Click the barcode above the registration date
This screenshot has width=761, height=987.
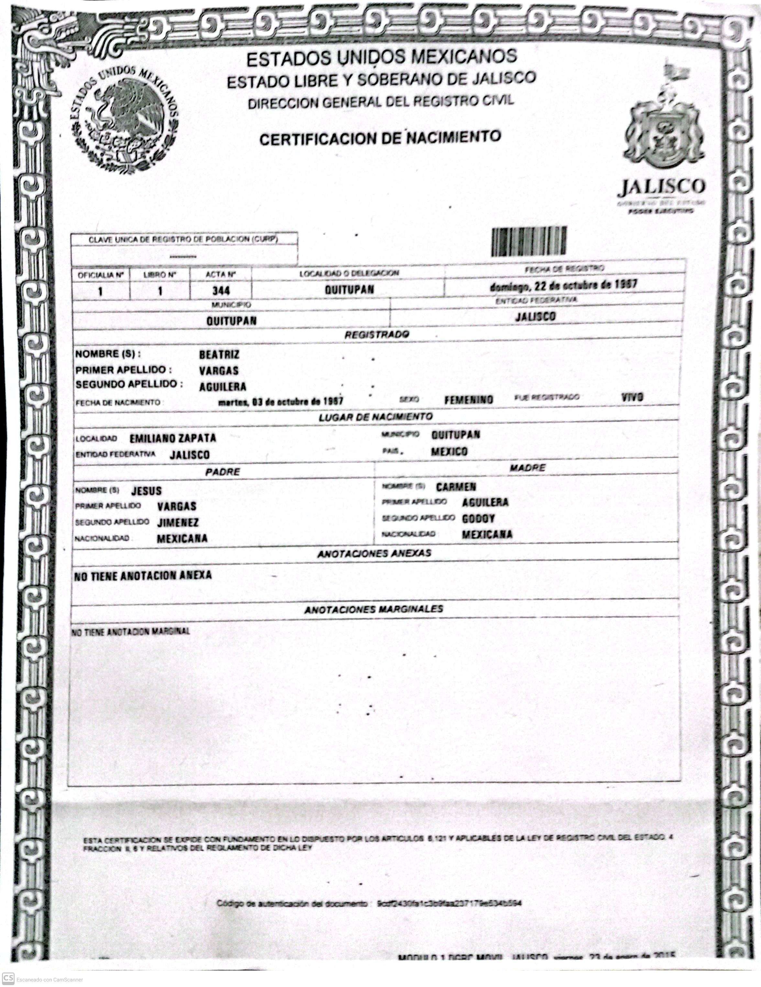click(528, 241)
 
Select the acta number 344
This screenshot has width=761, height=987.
click(221, 290)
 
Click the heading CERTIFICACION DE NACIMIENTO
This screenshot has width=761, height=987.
click(380, 138)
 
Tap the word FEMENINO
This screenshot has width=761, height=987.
click(468, 400)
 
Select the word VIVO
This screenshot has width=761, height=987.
click(632, 397)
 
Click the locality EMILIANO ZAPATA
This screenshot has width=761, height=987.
click(173, 438)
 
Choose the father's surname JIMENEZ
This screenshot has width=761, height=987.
click(178, 522)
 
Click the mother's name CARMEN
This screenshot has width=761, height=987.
click(456, 487)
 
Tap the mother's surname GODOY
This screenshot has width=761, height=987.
click(478, 518)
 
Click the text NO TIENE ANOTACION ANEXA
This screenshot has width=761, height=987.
click(143, 576)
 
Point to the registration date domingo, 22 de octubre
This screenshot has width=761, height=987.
click(564, 285)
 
